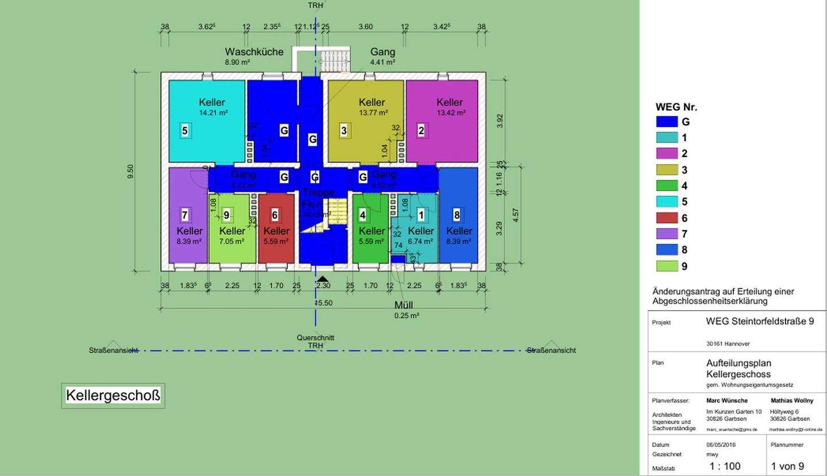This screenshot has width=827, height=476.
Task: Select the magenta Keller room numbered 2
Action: [x=442, y=121]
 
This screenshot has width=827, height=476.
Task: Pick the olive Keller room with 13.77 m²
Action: [x=365, y=121]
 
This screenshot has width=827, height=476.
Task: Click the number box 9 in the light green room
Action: [x=227, y=215]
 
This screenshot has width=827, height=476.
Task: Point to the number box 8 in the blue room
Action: [x=457, y=215]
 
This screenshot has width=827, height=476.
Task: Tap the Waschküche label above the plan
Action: [x=254, y=52]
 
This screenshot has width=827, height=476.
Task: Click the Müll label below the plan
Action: [x=403, y=305]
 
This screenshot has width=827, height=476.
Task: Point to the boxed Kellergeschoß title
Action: [x=113, y=396]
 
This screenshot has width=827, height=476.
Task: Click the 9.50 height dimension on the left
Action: [x=131, y=171]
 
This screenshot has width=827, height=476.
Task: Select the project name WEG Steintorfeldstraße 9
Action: [x=759, y=322]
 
